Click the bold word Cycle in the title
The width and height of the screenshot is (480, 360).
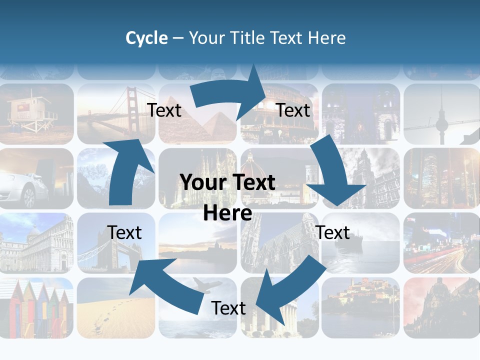coord(146,38)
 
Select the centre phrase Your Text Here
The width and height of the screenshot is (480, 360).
coord(227,197)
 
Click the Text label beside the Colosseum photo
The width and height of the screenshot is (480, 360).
coord(293,110)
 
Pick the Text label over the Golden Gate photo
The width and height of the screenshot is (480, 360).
coord(164,110)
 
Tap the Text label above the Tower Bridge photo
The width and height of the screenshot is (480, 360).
coord(124,232)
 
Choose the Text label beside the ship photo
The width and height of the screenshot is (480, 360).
coord(333,232)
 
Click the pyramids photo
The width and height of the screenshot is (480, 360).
coord(210,125)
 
